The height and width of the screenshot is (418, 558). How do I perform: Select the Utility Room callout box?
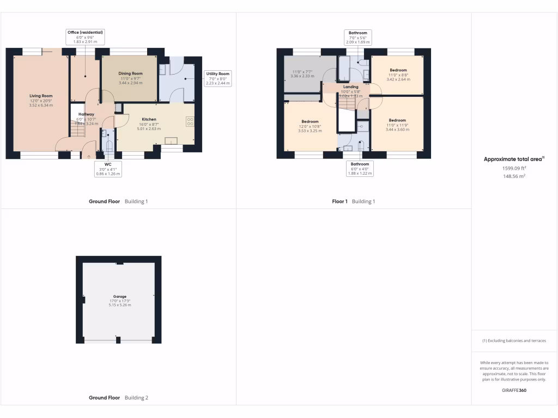(217, 78)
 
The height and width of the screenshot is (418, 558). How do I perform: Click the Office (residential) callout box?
(85, 36)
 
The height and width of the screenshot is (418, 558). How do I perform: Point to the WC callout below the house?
(107, 169)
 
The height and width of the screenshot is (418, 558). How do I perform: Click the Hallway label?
(86, 114)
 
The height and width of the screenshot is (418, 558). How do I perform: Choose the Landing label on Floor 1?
(351, 87)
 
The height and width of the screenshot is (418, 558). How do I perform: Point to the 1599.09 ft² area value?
(514, 168)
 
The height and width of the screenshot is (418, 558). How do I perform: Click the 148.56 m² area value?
(514, 176)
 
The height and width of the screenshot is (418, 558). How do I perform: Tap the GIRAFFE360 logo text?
(514, 390)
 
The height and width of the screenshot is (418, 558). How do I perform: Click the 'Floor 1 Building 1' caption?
(354, 201)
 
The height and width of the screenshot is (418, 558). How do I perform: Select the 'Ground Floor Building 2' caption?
(118, 398)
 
